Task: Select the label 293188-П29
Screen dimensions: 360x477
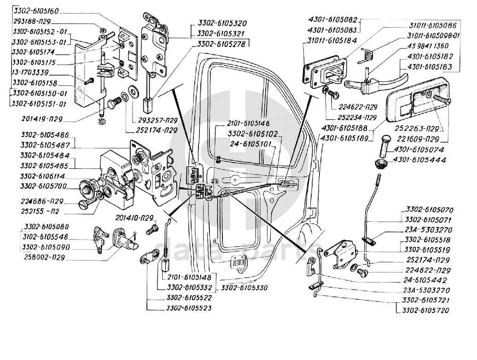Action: click(32, 21)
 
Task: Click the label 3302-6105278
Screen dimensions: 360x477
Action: click(220, 44)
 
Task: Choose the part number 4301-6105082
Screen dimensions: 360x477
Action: click(332, 20)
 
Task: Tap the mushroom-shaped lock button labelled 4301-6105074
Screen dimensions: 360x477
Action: click(385, 146)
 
